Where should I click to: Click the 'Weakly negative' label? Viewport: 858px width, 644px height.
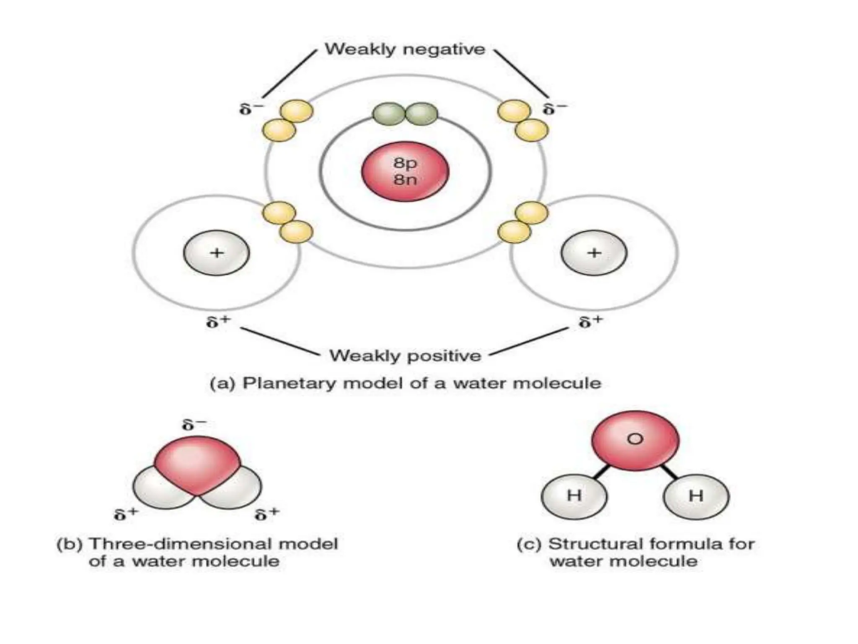[405, 49]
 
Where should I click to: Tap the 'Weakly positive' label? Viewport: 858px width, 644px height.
[405, 356]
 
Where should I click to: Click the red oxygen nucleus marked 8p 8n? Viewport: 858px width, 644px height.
[405, 171]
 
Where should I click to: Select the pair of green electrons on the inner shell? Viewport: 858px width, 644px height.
[405, 114]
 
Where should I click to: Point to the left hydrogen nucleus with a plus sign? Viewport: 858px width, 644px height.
[216, 253]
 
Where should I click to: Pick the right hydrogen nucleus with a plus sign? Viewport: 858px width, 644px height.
[594, 253]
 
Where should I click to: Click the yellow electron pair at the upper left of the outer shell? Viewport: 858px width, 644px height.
[288, 120]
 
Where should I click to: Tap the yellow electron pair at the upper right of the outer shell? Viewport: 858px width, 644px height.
[522, 120]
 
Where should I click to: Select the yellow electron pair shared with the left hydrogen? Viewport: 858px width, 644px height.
[288, 222]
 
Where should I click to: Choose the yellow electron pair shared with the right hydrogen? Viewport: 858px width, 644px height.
[522, 222]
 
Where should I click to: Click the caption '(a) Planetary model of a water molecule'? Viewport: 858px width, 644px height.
[405, 383]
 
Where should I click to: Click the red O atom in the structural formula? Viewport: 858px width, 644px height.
[635, 440]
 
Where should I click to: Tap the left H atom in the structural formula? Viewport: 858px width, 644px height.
[574, 496]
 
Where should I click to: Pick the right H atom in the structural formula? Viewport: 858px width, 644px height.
[696, 496]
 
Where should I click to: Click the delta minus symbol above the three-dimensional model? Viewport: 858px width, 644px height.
[194, 425]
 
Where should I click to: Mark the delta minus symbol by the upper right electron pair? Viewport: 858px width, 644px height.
[555, 109]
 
